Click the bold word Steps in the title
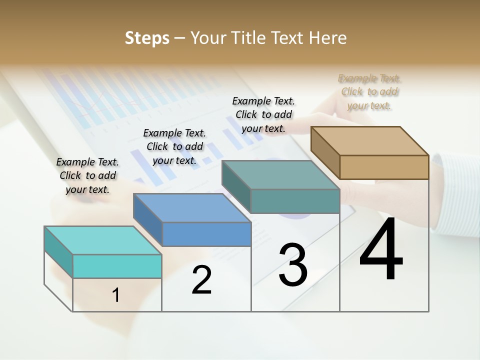(x=147, y=38)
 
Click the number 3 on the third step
(x=293, y=265)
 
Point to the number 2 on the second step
(x=202, y=280)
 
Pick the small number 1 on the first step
(x=116, y=295)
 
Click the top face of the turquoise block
(x=102, y=240)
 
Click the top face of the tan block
(x=369, y=140)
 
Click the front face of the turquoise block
(x=117, y=266)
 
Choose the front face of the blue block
(x=206, y=234)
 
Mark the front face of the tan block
(x=384, y=167)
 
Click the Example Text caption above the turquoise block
(x=87, y=175)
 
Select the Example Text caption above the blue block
(x=174, y=146)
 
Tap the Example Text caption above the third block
(x=263, y=114)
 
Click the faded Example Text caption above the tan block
(x=369, y=91)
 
